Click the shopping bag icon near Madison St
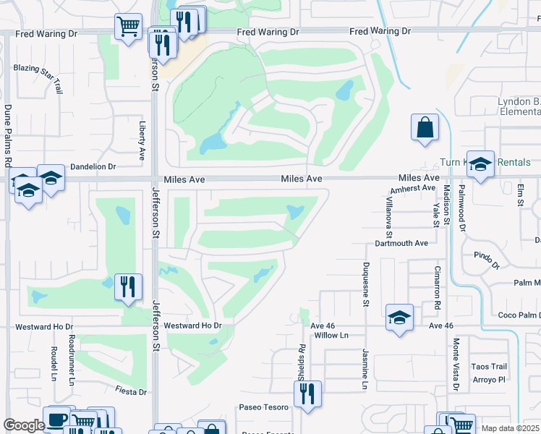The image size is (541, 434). click(x=425, y=127)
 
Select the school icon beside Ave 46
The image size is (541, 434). click(x=399, y=317)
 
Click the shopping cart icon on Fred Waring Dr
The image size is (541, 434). click(x=128, y=27)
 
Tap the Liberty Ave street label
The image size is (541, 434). click(x=142, y=140)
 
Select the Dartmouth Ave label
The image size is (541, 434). click(x=402, y=243)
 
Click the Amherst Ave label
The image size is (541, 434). click(x=413, y=189)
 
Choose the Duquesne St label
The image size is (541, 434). click(x=366, y=284)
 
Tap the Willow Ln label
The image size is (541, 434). click(x=329, y=336)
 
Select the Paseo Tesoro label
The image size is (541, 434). click(x=265, y=407)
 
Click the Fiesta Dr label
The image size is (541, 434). click(x=131, y=391)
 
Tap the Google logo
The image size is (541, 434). click(x=24, y=425)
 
